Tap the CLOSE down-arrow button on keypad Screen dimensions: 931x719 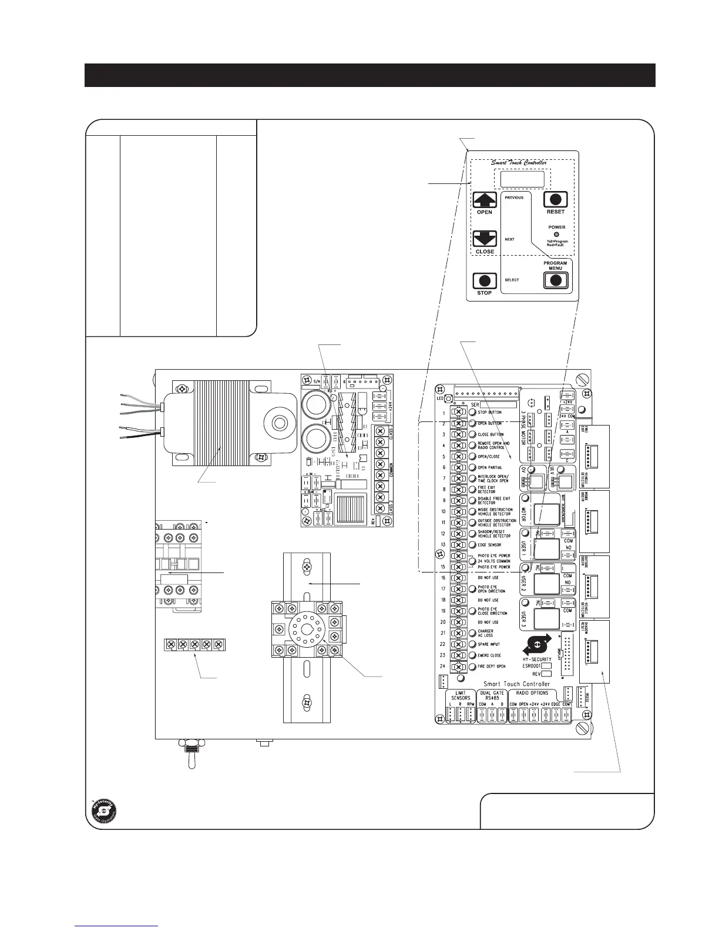pos(485,239)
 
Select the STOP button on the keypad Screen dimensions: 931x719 pos(485,281)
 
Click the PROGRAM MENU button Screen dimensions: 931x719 pos(555,280)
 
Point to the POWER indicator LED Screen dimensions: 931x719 pos(556,235)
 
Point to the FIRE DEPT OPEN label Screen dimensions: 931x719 pos(491,667)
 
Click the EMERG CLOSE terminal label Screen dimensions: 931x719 pos(489,655)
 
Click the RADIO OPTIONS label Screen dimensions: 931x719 pos(532,693)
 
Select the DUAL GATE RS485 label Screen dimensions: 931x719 pos(492,696)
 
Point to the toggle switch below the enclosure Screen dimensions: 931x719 pos(191,758)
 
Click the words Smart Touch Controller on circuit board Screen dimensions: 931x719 pos(516,684)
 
